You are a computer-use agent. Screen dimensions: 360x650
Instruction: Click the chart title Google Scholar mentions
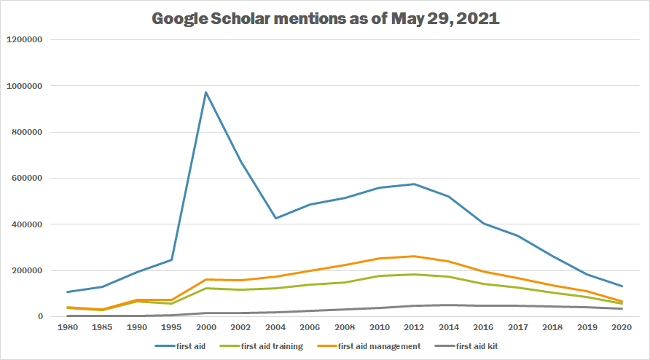[325, 19]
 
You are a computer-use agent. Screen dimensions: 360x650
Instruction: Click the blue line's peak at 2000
[206, 93]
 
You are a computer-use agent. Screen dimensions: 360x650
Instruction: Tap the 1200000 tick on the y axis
[26, 39]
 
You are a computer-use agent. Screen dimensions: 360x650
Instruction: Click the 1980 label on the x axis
[67, 328]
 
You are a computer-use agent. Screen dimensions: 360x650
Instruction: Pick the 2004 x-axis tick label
[275, 328]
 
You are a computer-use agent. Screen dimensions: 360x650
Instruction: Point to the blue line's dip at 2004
[275, 218]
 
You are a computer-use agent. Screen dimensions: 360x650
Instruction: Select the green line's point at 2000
[206, 288]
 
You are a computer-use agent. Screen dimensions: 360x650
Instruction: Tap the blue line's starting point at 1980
[67, 292]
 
